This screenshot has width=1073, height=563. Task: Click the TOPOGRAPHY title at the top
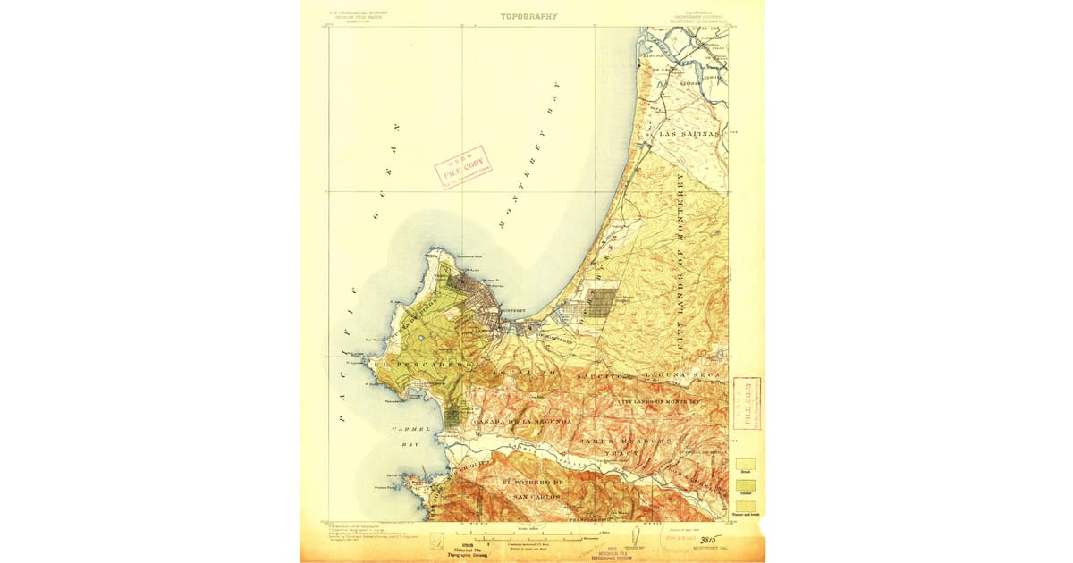tap(528, 16)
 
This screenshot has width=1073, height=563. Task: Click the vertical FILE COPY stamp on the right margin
tap(747, 402)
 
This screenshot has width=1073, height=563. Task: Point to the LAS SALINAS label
tap(688, 133)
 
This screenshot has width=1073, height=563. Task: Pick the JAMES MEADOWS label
tap(624, 441)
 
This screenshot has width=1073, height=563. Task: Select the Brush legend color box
tap(745, 465)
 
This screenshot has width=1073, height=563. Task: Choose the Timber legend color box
tap(745, 485)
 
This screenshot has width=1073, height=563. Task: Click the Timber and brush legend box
tap(745, 507)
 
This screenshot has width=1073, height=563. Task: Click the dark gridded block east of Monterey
tap(603, 303)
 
